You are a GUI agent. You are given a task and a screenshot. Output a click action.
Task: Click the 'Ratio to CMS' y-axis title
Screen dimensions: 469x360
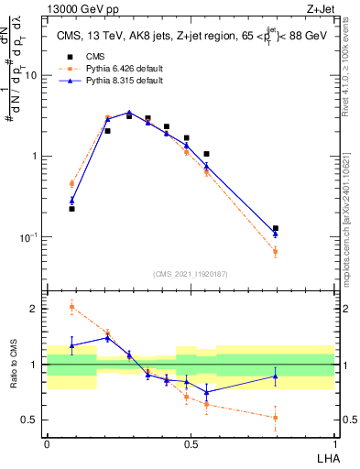[x=13, y=365]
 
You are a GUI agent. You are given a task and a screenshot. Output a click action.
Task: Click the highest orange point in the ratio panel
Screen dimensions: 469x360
[x=71, y=307]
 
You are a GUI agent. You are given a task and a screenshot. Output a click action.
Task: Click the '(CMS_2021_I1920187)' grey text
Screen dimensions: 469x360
[x=190, y=272]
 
